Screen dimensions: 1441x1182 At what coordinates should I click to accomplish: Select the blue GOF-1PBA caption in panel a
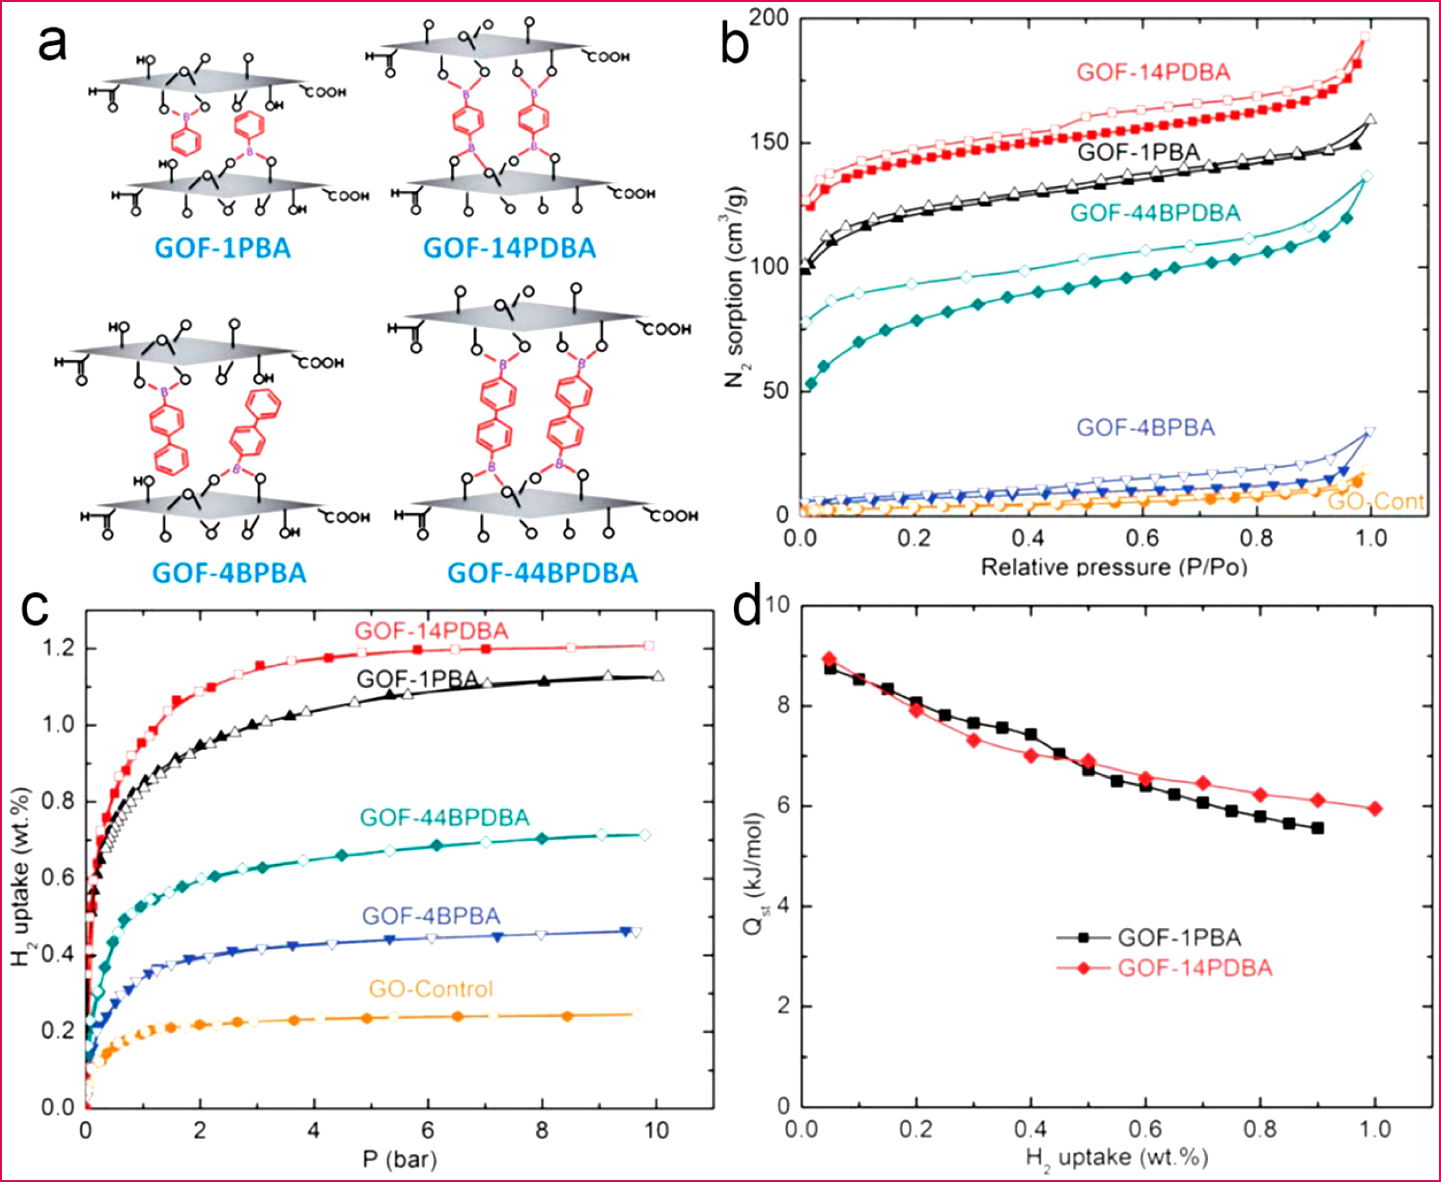(223, 248)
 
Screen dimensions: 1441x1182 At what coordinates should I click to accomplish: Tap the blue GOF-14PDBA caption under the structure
(510, 248)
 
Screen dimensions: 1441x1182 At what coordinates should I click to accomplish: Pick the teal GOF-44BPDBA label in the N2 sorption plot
(1155, 213)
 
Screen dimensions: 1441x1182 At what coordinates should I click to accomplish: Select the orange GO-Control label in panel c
(430, 989)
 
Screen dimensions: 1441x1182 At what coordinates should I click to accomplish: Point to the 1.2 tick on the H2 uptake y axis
(58, 648)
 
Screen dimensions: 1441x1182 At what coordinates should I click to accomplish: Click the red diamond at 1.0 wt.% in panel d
(1375, 808)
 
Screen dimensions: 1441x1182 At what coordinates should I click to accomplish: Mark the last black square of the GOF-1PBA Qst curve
(1318, 828)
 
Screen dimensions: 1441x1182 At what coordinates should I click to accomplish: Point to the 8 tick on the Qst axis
(782, 705)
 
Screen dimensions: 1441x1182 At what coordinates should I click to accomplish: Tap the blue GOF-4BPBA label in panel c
(430, 916)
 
